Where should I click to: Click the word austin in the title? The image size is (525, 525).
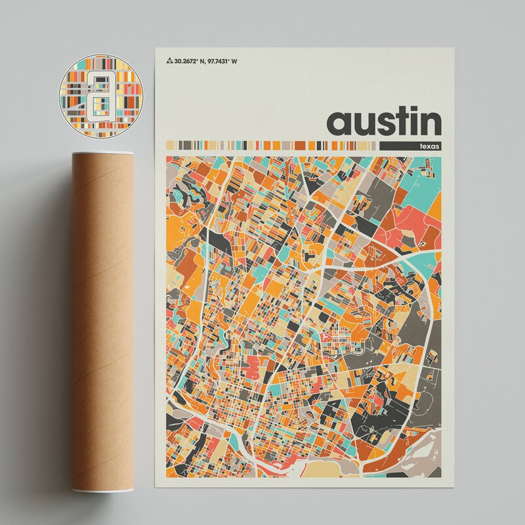384,121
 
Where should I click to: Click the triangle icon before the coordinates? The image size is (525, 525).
171,62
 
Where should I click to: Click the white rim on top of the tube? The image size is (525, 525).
100,155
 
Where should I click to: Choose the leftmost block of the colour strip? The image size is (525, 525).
170,145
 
